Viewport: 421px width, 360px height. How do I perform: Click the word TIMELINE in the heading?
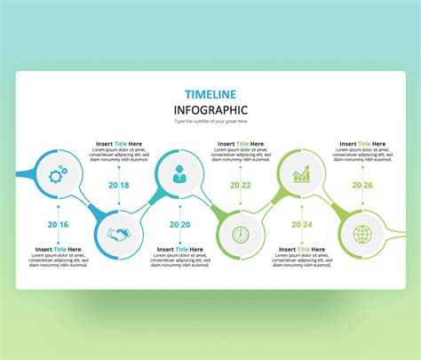click(x=210, y=93)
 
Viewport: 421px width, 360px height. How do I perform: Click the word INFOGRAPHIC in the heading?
click(x=210, y=109)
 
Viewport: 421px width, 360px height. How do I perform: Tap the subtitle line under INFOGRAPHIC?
click(x=210, y=122)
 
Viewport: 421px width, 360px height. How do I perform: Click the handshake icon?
click(x=117, y=234)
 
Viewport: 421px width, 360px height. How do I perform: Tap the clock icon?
click(x=240, y=235)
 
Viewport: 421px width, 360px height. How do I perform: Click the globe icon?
click(x=362, y=234)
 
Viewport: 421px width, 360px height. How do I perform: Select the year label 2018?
click(x=118, y=185)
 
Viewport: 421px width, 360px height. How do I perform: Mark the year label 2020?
click(x=179, y=225)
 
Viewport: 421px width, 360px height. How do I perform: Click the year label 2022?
click(x=240, y=185)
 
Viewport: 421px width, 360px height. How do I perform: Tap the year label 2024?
click(x=301, y=225)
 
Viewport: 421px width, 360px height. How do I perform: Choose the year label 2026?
click(x=362, y=185)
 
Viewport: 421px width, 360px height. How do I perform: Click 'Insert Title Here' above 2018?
click(x=118, y=143)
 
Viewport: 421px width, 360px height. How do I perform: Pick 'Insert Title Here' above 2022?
click(x=240, y=143)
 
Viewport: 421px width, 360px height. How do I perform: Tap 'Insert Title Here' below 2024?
click(x=301, y=250)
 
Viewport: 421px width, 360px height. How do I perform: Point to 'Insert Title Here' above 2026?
click(x=362, y=143)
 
